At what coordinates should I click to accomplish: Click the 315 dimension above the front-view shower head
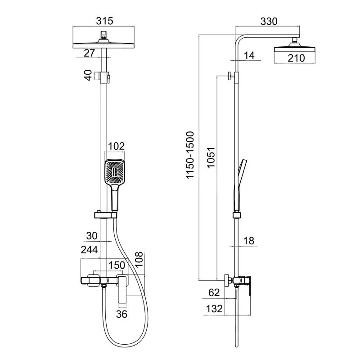pos(104,21)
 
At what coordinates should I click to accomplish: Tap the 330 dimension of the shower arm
pos(269,21)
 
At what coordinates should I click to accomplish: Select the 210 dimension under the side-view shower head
pos(296,58)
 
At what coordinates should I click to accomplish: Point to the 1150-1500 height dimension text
pos(190,155)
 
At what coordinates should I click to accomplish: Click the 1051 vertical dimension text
pos(211,157)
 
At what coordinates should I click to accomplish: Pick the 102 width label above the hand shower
pos(116,146)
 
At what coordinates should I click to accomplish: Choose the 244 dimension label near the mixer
pos(89,250)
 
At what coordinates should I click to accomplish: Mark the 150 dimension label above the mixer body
pos(117,265)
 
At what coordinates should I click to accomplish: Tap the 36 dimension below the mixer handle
pos(121,314)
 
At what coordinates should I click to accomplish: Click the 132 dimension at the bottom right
pos(214,309)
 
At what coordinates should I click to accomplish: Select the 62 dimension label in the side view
pos(214,292)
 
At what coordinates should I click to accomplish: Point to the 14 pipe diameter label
pos(249,55)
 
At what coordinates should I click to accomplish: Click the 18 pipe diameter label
pos(249,241)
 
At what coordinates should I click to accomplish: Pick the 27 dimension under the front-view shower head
pos(89,53)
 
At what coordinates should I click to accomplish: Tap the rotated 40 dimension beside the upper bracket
pos(88,75)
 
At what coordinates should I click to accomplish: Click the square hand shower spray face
pos(115,171)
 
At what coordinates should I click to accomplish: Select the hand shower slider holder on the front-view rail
pos(106,215)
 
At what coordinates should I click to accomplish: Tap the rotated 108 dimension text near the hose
pos(139,260)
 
